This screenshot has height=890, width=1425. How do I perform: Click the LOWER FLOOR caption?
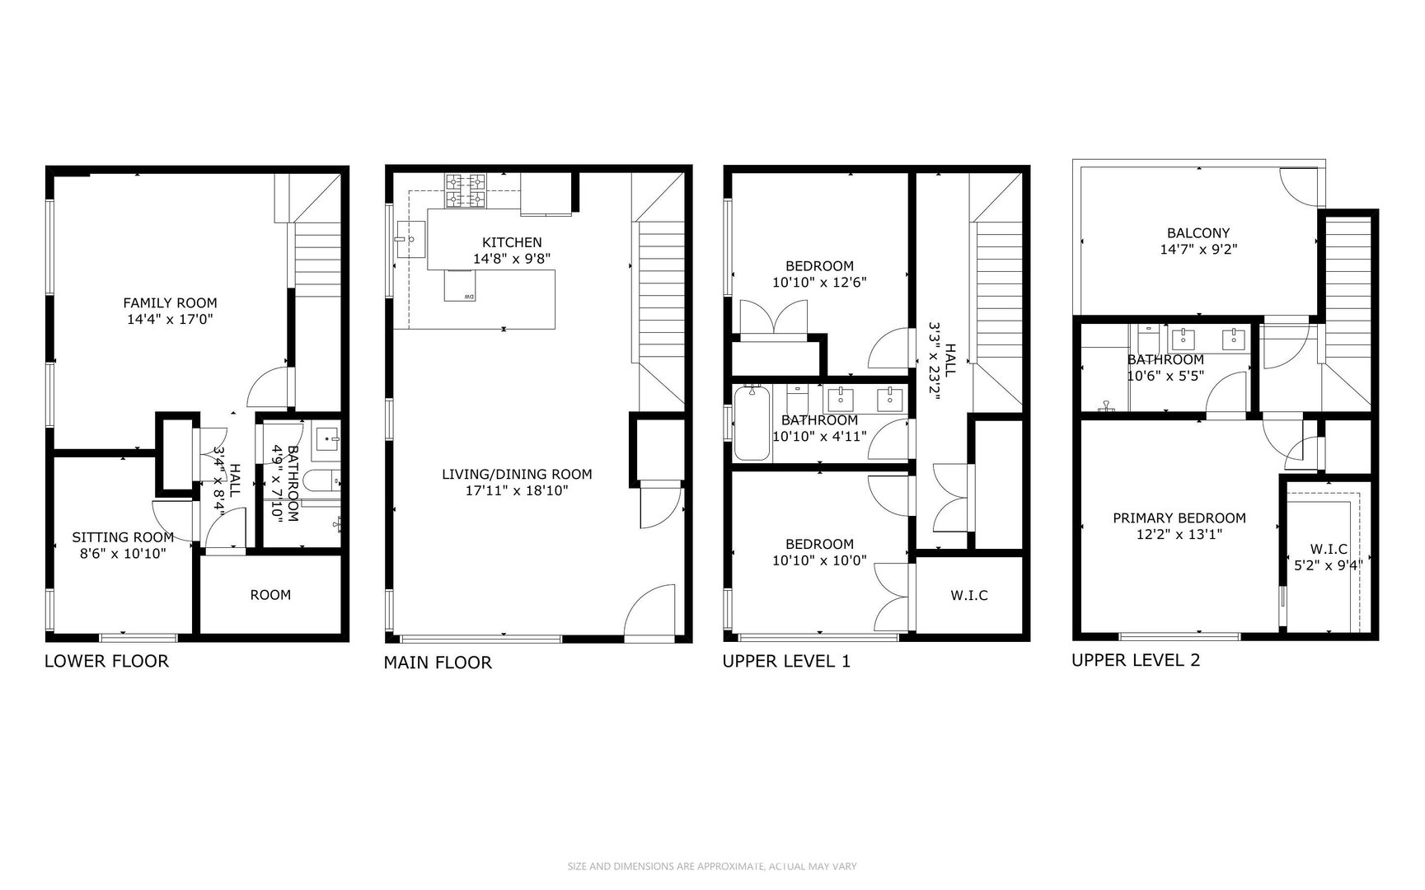pos(106,661)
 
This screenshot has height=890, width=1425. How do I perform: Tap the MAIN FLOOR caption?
pos(438,663)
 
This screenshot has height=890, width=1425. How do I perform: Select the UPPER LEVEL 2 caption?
pos(1136,660)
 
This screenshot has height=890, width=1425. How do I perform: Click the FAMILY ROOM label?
pos(170,303)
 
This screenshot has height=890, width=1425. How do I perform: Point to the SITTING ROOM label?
pos(123,538)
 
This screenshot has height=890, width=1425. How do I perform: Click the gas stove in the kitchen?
pos(466,190)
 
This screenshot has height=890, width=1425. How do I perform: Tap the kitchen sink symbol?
pos(410,239)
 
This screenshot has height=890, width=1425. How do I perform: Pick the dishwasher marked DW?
pos(460,286)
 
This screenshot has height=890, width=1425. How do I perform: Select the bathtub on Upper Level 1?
pos(752,424)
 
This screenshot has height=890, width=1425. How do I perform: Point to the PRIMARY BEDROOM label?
pos(1179,518)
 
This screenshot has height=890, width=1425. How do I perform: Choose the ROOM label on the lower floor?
pos(270,595)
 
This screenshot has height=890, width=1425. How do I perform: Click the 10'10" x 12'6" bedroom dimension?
pos(819,282)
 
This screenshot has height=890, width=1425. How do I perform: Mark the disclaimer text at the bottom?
pos(712,866)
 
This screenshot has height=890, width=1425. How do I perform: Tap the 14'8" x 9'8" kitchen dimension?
pos(512,258)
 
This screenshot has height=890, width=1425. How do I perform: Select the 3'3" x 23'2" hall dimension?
pos(935,360)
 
